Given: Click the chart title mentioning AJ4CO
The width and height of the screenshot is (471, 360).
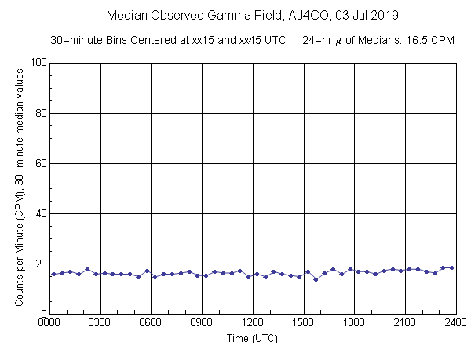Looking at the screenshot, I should click(252, 16).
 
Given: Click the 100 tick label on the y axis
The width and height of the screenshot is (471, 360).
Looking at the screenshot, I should click(35, 63).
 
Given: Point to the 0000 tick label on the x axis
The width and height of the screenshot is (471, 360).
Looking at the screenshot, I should click(49, 322).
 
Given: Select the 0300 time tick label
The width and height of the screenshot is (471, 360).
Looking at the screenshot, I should click(100, 322).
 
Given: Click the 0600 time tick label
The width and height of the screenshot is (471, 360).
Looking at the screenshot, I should click(151, 322).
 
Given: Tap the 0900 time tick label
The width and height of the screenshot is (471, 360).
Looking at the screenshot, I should click(202, 322).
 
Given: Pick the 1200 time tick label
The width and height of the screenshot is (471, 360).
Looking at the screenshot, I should click(253, 322).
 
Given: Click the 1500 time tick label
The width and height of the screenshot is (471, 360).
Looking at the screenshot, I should click(303, 322).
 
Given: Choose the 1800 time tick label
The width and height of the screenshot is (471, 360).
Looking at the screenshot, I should click(354, 322).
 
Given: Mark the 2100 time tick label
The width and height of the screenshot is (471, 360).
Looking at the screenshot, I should click(405, 322).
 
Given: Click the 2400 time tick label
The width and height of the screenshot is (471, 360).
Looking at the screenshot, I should click(455, 322).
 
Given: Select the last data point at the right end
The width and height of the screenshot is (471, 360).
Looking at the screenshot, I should click(451, 267).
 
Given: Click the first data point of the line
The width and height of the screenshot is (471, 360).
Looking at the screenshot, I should click(53, 274).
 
